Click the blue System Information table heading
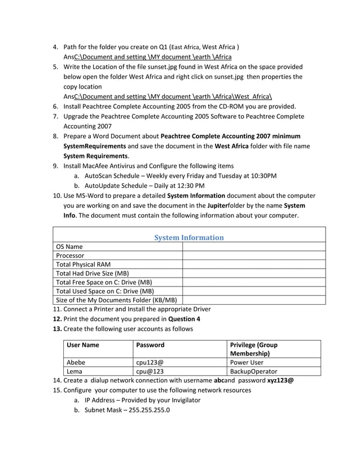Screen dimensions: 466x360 pos(189,238)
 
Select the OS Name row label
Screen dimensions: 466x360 pos(69,247)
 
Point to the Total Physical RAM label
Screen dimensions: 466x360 pos(83,265)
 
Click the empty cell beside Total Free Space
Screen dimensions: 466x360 pos(254,282)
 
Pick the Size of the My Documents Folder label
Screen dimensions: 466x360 pos(116,300)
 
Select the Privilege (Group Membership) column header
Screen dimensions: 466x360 pos(254,349)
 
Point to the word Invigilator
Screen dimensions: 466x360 pos(181,400)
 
